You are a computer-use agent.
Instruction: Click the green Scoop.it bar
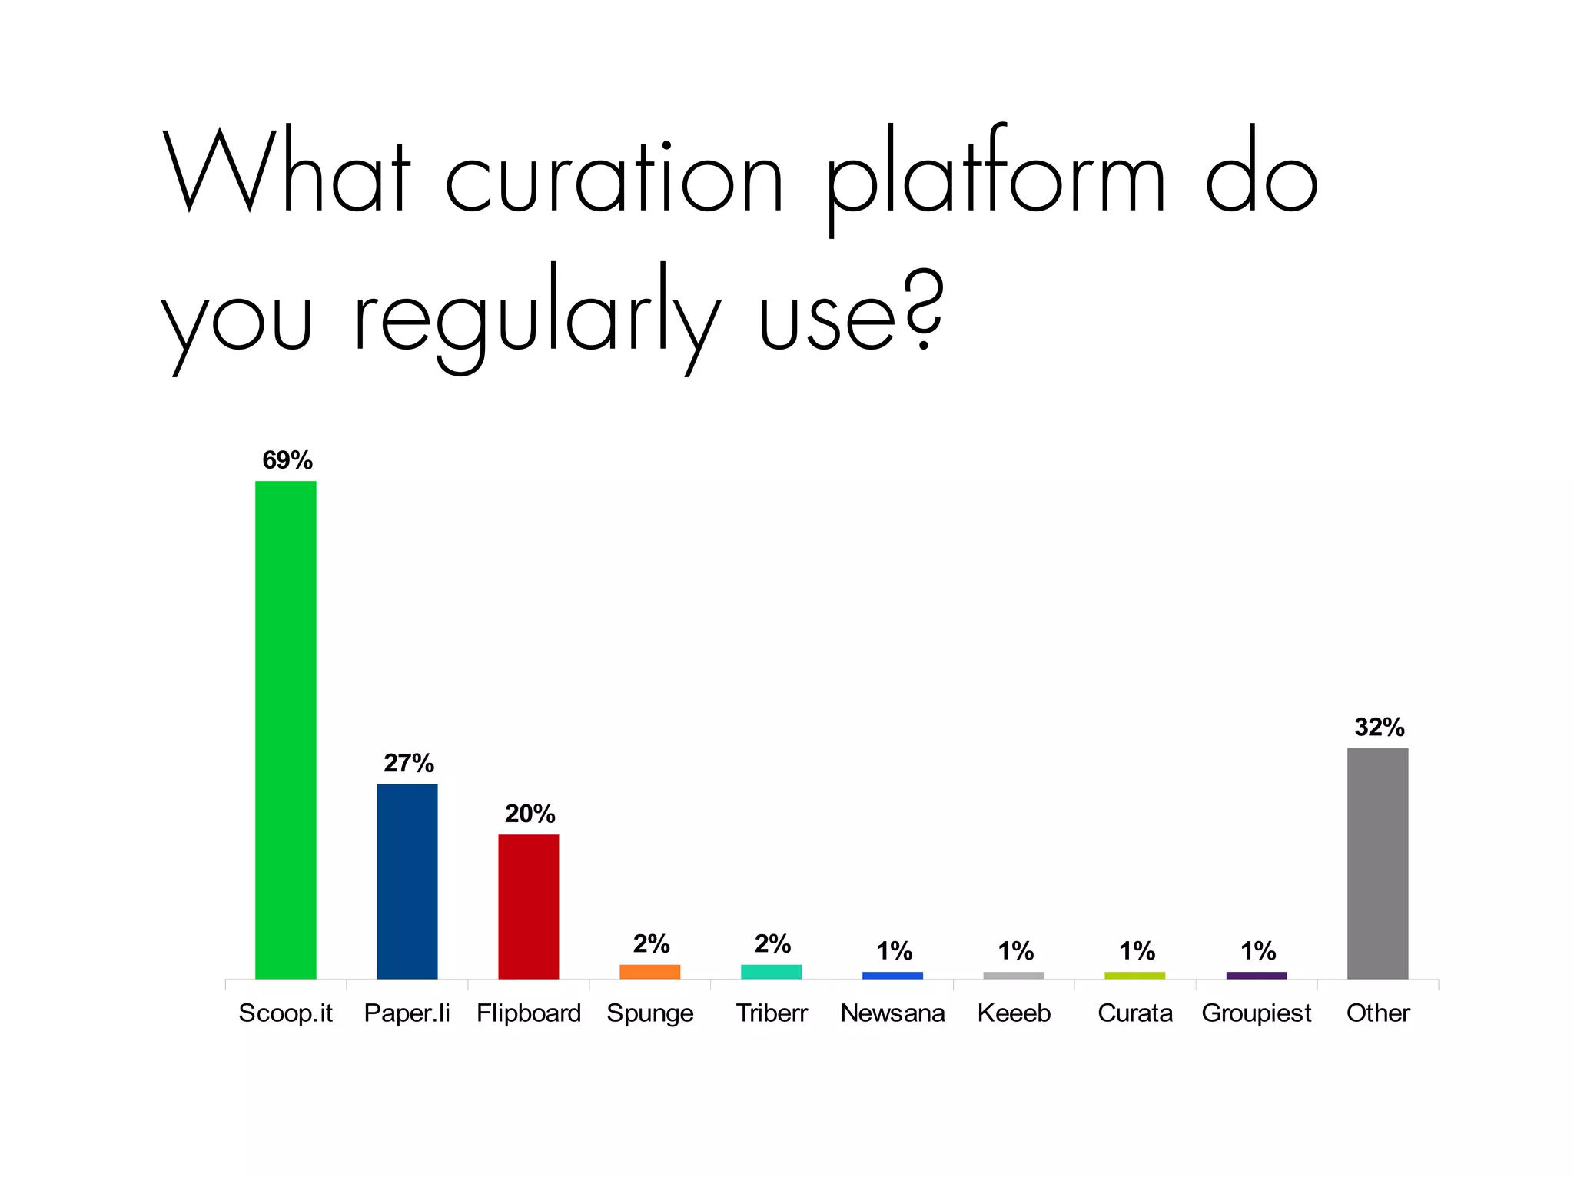click(x=285, y=730)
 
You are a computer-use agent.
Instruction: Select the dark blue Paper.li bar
click(x=407, y=881)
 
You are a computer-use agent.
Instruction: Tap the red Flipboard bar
click(x=528, y=907)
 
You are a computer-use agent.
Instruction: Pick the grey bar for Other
click(x=1377, y=864)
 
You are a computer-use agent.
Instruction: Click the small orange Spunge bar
click(x=649, y=972)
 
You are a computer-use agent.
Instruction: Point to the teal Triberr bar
click(x=771, y=972)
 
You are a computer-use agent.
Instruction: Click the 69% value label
click(x=287, y=460)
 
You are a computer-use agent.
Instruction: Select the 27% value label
click(x=409, y=763)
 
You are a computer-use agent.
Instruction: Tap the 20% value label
click(x=530, y=814)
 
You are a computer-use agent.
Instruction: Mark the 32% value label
click(x=1379, y=727)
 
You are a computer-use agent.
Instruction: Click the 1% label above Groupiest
click(x=1257, y=951)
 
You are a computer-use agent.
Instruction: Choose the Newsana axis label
click(x=892, y=1013)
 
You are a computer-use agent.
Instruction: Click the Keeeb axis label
click(x=1014, y=1013)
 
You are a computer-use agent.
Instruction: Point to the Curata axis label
click(x=1135, y=1013)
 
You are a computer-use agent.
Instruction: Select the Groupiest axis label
click(x=1257, y=1014)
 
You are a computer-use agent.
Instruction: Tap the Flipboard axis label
click(x=529, y=1014)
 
